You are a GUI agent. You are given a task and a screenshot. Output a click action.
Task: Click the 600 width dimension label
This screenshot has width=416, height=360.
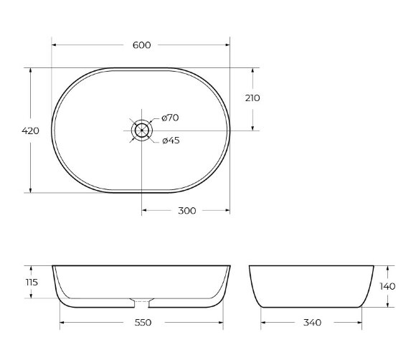point(142,45)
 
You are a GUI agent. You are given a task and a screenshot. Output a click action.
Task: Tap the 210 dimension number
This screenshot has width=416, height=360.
point(252,98)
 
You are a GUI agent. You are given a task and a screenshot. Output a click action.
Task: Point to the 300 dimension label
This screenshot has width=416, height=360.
point(186,211)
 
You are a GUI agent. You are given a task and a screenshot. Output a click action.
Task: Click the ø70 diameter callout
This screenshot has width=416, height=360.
point(170,118)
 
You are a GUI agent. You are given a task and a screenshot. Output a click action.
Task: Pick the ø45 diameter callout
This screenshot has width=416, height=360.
point(170,141)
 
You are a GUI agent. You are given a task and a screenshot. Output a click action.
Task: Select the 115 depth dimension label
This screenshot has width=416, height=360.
point(31,283)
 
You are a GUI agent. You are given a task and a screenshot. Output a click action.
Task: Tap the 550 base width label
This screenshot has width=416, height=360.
point(143,323)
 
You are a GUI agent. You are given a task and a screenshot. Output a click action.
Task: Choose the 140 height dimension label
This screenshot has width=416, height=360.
point(387,286)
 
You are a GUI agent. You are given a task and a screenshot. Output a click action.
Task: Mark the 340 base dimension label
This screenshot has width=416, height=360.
point(311,323)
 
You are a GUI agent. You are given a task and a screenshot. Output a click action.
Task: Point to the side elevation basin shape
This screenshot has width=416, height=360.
point(311,285)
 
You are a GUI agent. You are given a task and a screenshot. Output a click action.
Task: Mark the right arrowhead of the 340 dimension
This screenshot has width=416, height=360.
point(359,323)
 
